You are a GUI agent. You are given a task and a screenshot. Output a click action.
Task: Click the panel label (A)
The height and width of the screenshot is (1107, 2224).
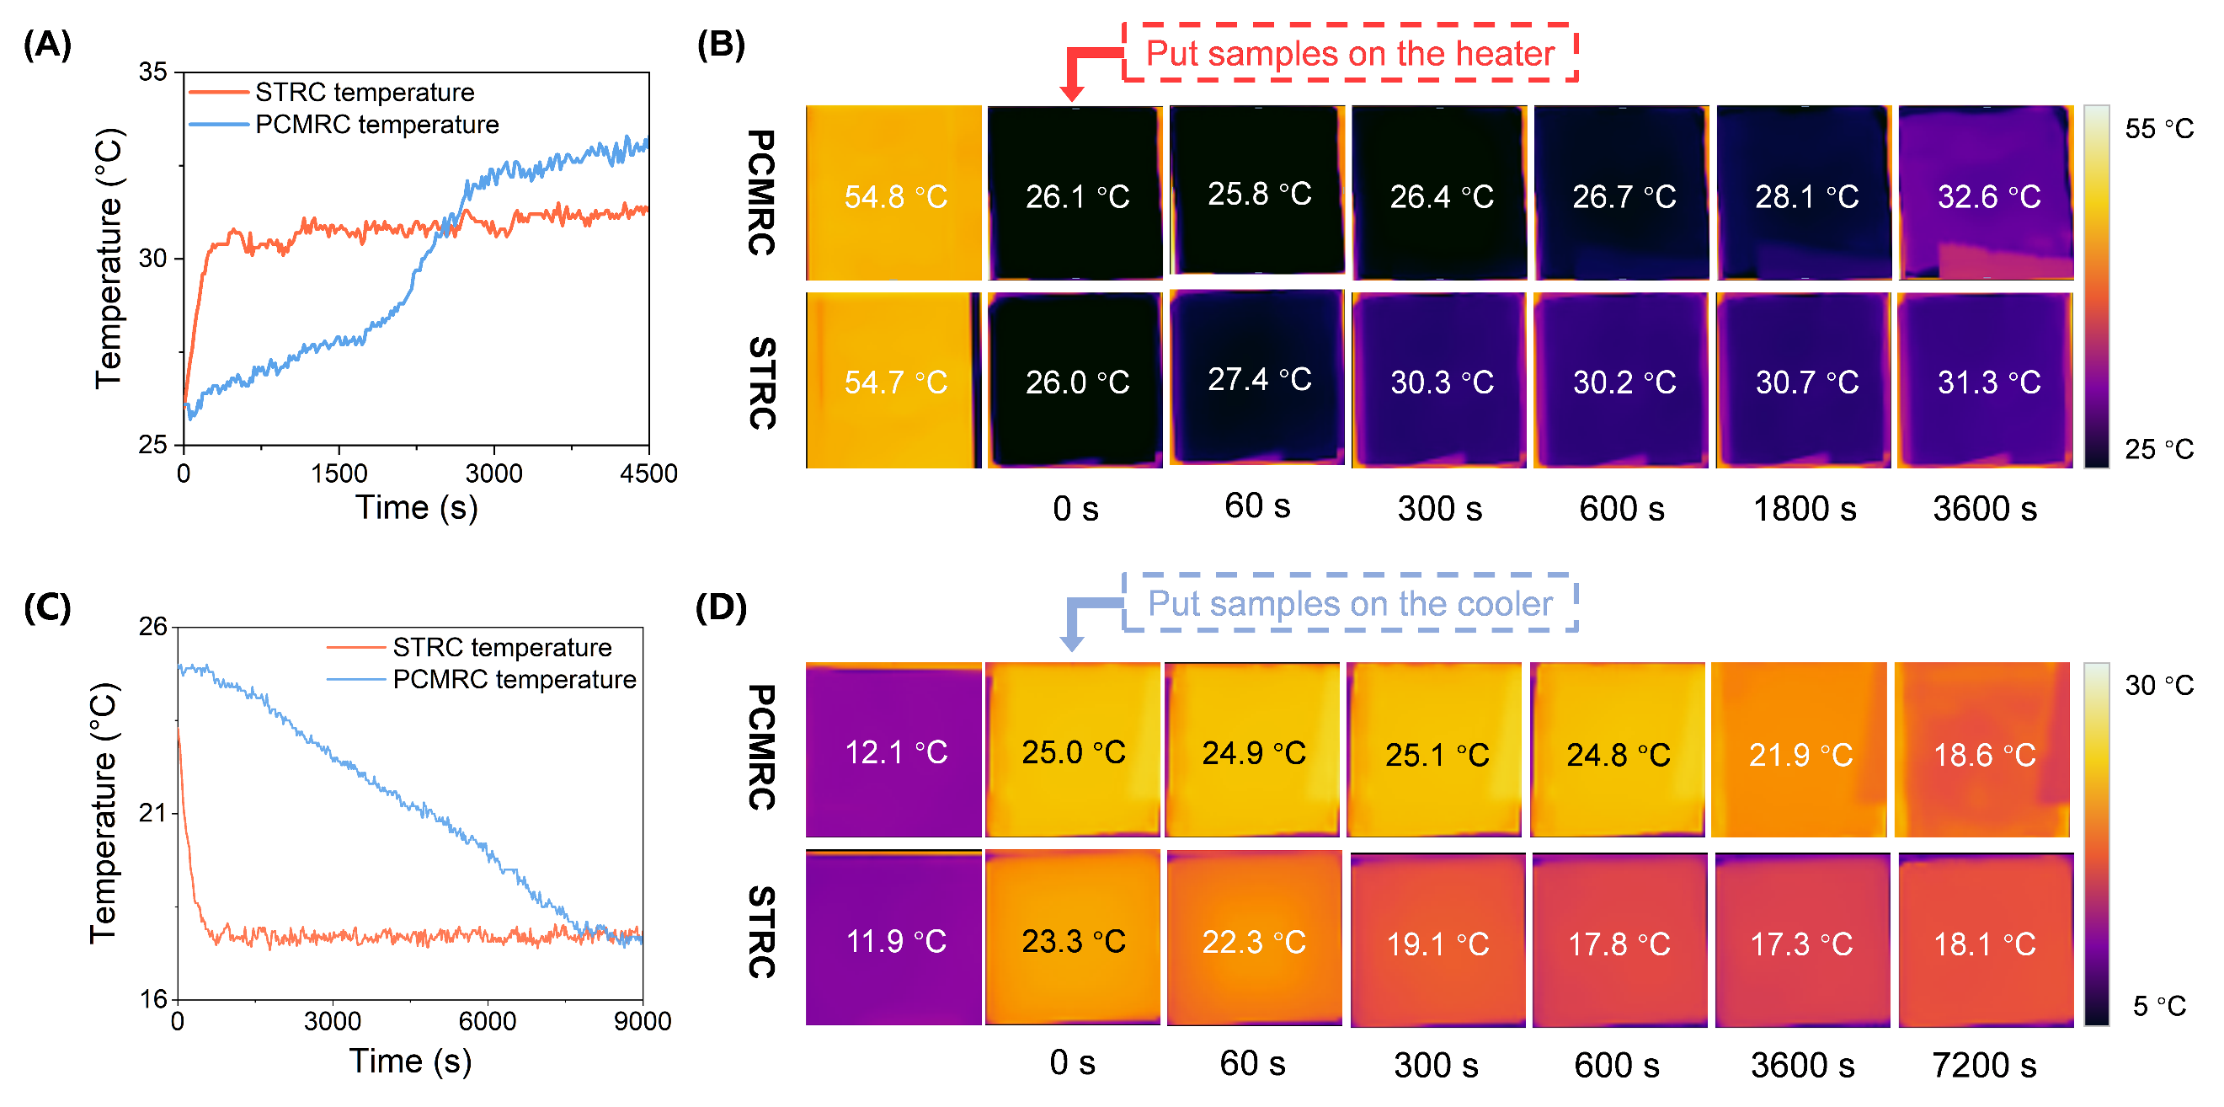coord(47,44)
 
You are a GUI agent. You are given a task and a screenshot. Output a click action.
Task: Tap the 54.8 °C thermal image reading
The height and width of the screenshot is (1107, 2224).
coord(895,197)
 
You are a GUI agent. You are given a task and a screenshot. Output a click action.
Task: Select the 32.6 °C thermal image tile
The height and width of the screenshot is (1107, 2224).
coord(1985,194)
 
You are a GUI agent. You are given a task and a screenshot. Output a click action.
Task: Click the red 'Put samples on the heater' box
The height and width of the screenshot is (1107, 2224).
coord(1349,54)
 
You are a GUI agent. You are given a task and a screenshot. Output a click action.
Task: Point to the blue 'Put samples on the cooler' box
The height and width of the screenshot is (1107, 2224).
coord(1349,603)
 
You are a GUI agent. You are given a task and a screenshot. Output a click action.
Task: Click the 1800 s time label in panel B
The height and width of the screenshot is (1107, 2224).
coord(1804,509)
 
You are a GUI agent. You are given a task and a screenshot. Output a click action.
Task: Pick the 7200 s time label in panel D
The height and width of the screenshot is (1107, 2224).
coord(1983,1065)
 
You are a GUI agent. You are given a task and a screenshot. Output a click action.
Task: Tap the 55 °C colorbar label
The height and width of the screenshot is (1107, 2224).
coord(2158,129)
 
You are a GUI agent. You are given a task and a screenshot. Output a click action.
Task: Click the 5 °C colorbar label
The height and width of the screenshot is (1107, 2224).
coord(2158,1006)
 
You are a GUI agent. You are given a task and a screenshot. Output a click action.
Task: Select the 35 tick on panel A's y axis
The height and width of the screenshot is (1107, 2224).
coord(152,72)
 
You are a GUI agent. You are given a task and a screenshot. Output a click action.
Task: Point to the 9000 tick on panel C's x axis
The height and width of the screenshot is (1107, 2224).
coord(643,1022)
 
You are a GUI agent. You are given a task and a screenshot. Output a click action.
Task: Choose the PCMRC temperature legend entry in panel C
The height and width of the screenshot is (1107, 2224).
coord(514,680)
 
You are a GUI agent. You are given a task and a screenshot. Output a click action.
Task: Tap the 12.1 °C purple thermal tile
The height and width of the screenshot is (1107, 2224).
coord(893,750)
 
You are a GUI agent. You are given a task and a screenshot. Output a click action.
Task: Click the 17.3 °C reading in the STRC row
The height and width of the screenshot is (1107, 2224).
coord(1801,944)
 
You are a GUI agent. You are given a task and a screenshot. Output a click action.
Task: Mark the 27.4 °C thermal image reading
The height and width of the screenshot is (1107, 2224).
coord(1259,379)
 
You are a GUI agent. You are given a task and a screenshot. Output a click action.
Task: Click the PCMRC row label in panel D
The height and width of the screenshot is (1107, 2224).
coord(760,748)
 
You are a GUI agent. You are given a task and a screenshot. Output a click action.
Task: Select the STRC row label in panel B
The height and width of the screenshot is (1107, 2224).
coord(760,382)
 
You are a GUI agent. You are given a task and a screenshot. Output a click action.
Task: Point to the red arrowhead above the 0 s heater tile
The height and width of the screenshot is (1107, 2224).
coord(1071,93)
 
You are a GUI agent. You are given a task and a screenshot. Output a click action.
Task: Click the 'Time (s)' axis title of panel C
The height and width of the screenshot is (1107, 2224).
coord(410,1062)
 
